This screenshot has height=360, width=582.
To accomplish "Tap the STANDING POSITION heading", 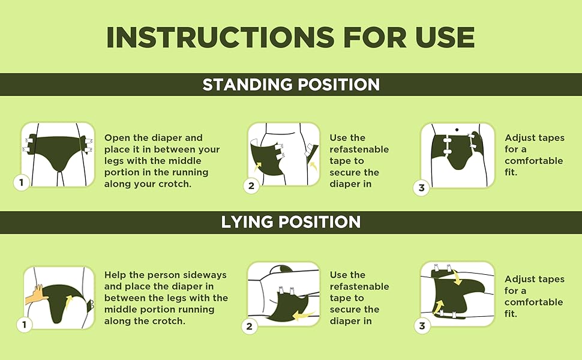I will (291, 85).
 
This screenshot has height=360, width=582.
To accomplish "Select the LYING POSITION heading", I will (291, 222).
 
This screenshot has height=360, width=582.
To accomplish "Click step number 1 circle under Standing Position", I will (22, 183).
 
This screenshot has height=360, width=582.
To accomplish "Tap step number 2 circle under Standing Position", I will (251, 186).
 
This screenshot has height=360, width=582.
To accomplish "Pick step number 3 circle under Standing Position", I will (422, 188).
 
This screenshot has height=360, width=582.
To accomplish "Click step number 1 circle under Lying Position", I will (25, 325).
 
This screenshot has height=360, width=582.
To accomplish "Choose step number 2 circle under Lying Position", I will (250, 326).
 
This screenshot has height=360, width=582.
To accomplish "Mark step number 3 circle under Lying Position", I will (422, 326).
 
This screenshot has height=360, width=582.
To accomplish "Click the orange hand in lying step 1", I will (37, 295).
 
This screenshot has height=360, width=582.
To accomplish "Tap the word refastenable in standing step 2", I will (359, 149).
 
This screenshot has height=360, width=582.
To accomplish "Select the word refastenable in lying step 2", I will (359, 287).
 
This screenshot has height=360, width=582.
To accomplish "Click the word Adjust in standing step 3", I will (519, 138).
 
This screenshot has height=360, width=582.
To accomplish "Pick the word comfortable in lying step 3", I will (533, 302).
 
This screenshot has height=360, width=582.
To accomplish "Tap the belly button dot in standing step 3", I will (457, 129).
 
